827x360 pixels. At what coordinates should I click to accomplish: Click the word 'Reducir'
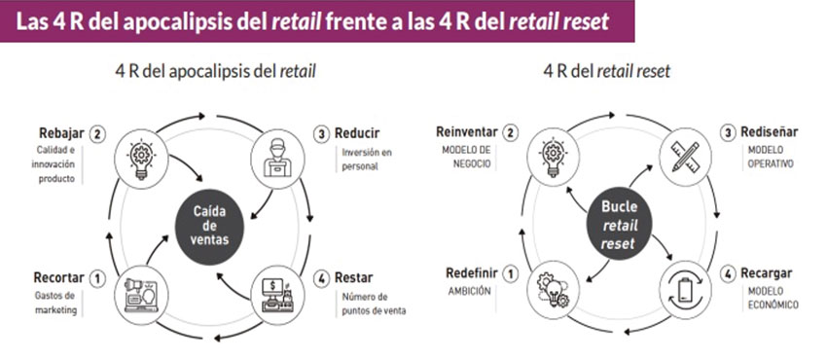pyautogui.click(x=359, y=132)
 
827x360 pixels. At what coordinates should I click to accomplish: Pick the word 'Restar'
pyautogui.click(x=355, y=277)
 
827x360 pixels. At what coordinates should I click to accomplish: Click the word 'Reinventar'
pyautogui.click(x=467, y=132)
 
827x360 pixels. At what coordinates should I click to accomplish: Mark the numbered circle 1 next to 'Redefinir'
pyautogui.click(x=514, y=272)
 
